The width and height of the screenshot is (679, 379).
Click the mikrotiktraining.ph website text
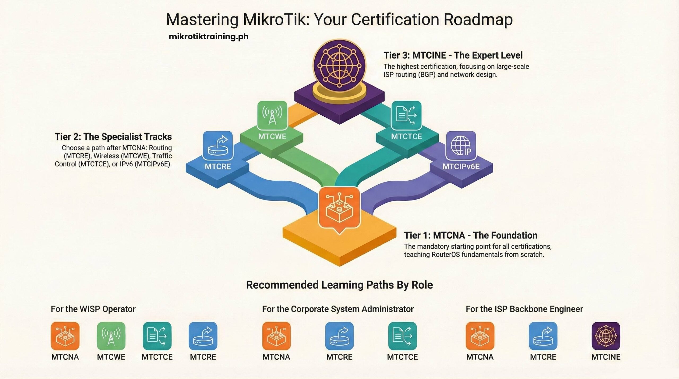[208, 37]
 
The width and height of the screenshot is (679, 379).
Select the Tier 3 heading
[453, 55]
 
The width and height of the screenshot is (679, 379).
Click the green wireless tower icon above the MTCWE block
[272, 115]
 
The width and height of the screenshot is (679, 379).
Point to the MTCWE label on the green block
[272, 137]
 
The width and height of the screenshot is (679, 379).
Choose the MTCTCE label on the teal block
[406, 137]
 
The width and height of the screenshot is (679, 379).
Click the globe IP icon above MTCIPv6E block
[461, 146]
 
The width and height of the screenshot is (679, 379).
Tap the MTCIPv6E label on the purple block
[461, 167]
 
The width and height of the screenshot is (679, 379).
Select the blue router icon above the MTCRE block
[218, 146]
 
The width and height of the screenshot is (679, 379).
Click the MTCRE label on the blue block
[218, 167]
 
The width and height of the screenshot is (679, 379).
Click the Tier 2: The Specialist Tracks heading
[113, 137]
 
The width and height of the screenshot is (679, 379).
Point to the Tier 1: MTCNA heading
[471, 235]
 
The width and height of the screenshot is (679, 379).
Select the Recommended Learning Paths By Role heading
[339, 285]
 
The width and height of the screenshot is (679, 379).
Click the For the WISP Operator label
[93, 309]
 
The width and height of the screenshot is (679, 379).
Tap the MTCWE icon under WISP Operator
[111, 336]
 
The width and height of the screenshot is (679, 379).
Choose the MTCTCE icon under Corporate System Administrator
[402, 336]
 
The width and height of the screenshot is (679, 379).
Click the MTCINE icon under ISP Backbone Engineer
[606, 336]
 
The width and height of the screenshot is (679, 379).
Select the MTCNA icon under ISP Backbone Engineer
[480, 336]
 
